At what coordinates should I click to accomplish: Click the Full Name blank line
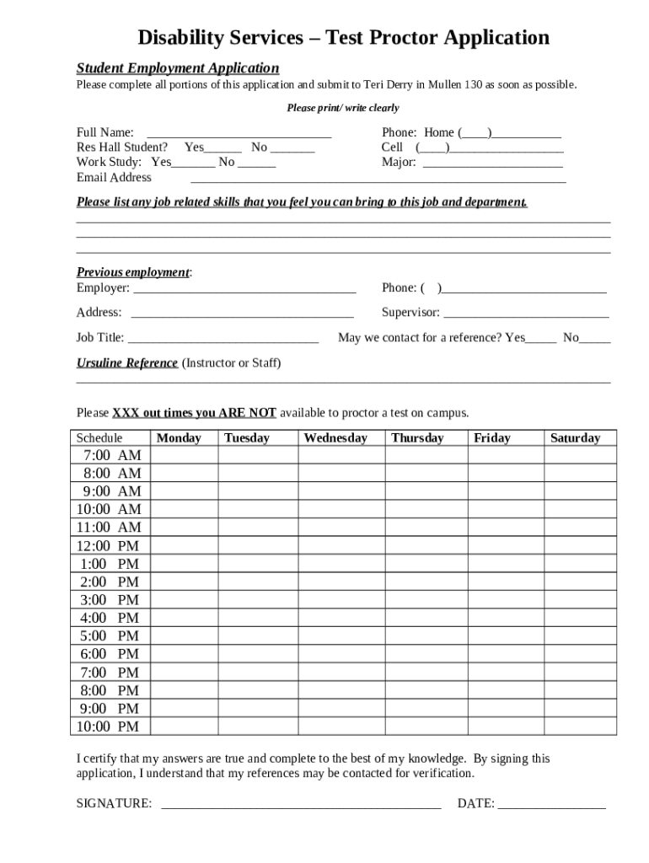coord(239,134)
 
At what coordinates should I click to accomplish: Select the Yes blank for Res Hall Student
coord(223,148)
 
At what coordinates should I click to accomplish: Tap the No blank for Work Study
coord(255,163)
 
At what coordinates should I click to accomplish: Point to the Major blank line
coord(492,163)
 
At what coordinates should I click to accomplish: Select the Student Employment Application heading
coord(178,68)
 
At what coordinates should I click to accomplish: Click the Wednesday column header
coord(335,437)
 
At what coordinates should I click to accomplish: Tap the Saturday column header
coord(575,437)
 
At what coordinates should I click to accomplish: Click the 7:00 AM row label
coord(111,455)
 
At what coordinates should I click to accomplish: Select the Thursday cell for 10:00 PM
coord(426,726)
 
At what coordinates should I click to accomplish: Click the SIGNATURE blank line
coord(301,805)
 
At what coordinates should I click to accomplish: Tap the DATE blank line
coord(551,805)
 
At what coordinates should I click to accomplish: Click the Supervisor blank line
coord(526,314)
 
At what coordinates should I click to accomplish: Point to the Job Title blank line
coord(223,340)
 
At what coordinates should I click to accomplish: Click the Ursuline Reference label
coord(127,363)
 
